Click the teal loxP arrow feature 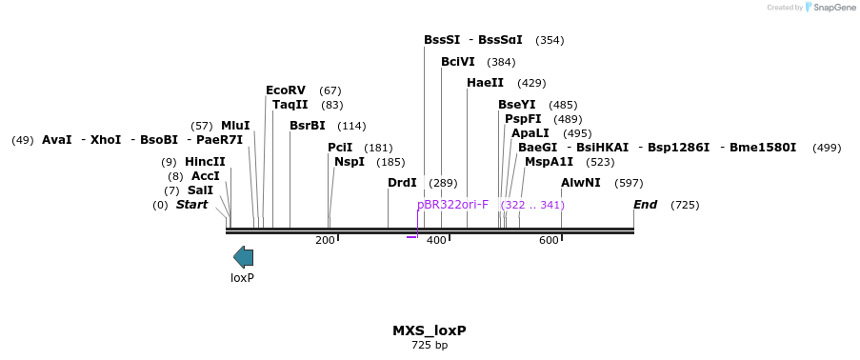[x=244, y=256]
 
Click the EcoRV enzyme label [x=286, y=90]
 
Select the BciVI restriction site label [x=457, y=62]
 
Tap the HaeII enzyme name [x=485, y=83]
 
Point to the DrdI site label [x=402, y=183]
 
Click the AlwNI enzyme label [x=580, y=183]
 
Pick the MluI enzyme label [x=235, y=126]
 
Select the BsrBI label [x=307, y=126]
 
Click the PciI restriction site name [x=340, y=148]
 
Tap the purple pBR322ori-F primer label [x=452, y=205]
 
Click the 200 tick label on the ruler [x=325, y=240]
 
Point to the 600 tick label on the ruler [x=549, y=240]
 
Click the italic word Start [x=191, y=205]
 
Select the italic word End [x=645, y=205]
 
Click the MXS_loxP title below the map [x=429, y=330]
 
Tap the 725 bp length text [x=429, y=345]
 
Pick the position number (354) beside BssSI [x=550, y=40]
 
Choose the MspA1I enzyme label [x=549, y=162]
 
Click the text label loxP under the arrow [x=243, y=278]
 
